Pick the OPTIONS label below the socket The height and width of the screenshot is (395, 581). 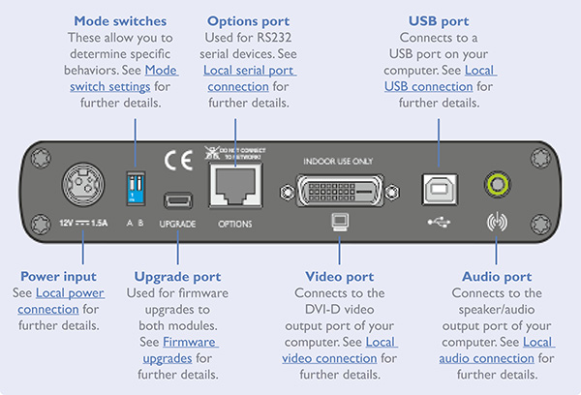click(235, 224)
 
